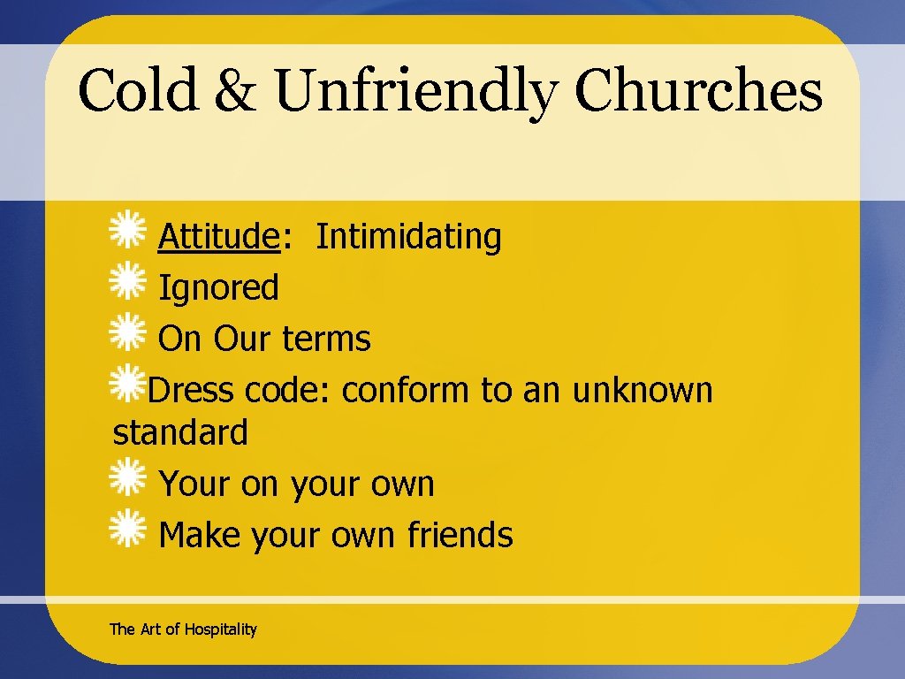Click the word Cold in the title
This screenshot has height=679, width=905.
(x=138, y=91)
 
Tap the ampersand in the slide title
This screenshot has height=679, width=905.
(x=235, y=91)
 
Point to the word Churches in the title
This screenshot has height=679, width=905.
(x=698, y=91)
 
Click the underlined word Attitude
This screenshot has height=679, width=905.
(x=218, y=236)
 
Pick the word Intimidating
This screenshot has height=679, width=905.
(x=408, y=236)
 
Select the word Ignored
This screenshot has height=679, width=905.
(x=218, y=287)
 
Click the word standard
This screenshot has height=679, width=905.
(x=181, y=432)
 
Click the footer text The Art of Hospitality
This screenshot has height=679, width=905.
(x=183, y=629)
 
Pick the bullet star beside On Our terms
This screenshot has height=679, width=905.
(x=127, y=333)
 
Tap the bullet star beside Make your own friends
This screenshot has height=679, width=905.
(x=127, y=530)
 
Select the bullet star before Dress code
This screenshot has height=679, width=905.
(x=127, y=384)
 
